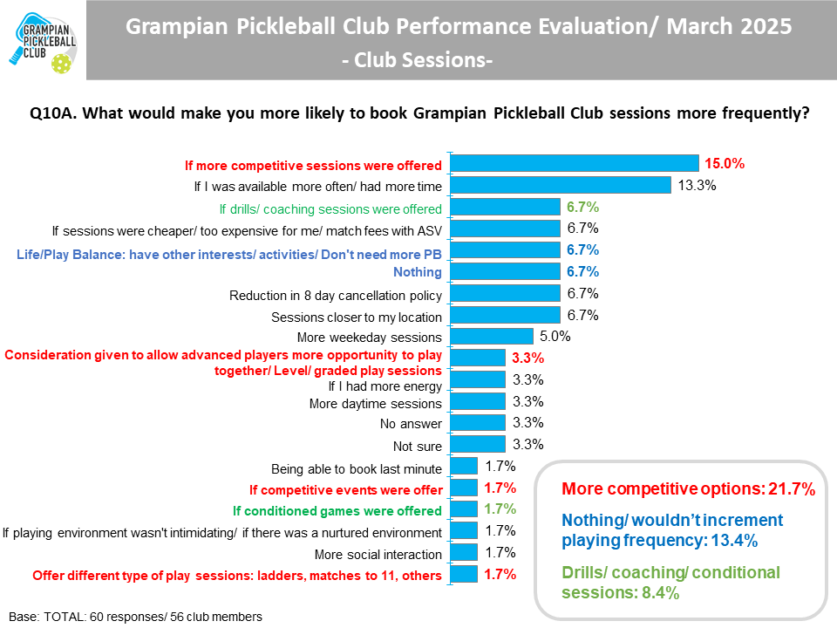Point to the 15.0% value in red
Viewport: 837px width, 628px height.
(725, 163)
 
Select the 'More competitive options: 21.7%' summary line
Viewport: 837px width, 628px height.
(689, 489)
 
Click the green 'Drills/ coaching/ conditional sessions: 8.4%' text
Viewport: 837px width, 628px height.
(670, 583)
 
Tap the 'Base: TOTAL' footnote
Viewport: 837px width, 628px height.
(135, 617)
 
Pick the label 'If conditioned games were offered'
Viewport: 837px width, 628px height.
(337, 511)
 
